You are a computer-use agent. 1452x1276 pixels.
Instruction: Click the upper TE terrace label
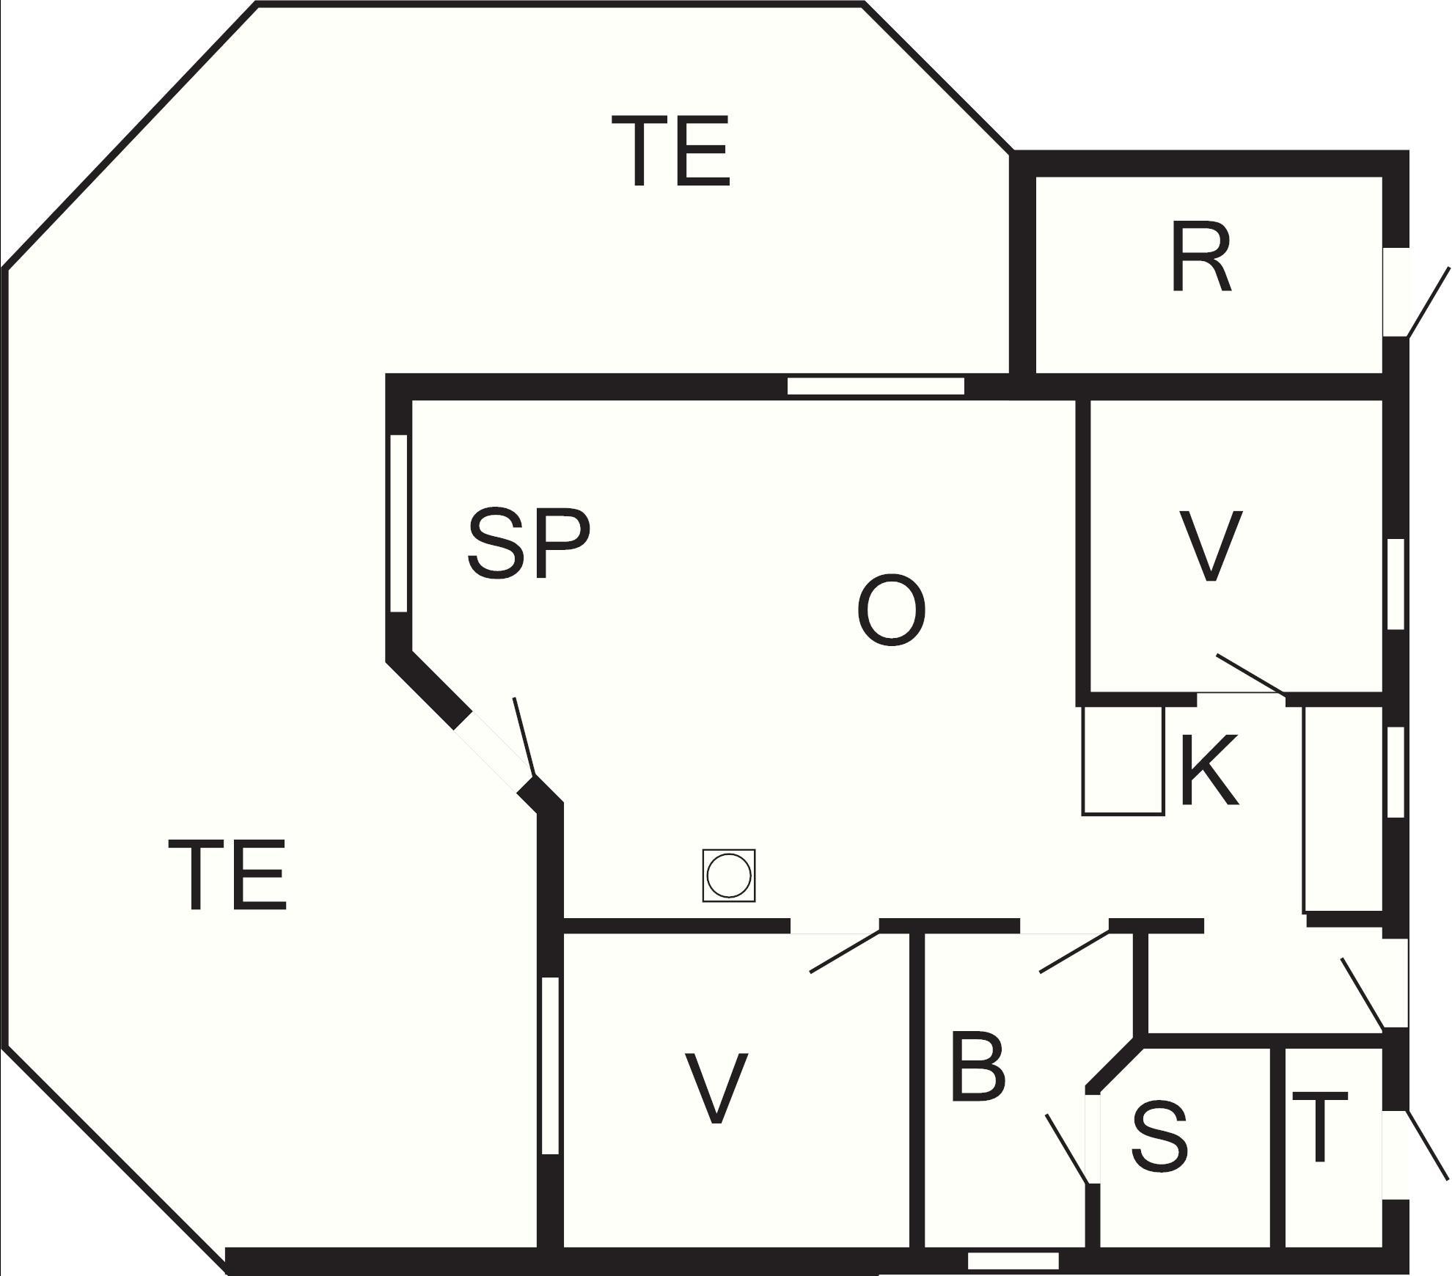(x=670, y=151)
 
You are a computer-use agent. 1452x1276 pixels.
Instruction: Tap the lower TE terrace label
(x=227, y=876)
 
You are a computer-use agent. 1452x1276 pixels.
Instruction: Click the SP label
(x=529, y=543)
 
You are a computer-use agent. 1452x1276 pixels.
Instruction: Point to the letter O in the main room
(x=890, y=610)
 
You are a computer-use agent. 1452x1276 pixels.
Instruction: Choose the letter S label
(x=1159, y=1136)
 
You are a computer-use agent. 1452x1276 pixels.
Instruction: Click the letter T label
(x=1320, y=1127)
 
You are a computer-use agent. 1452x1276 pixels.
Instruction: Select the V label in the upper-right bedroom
(x=1210, y=546)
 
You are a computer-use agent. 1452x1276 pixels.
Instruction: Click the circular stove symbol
(x=729, y=876)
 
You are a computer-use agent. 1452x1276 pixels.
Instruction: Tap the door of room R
(x=1429, y=302)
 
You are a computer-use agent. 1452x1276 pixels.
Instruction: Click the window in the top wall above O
(x=876, y=386)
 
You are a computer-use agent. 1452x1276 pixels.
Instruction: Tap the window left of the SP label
(x=398, y=523)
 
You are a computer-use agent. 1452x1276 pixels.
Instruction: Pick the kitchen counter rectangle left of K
(x=1123, y=760)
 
